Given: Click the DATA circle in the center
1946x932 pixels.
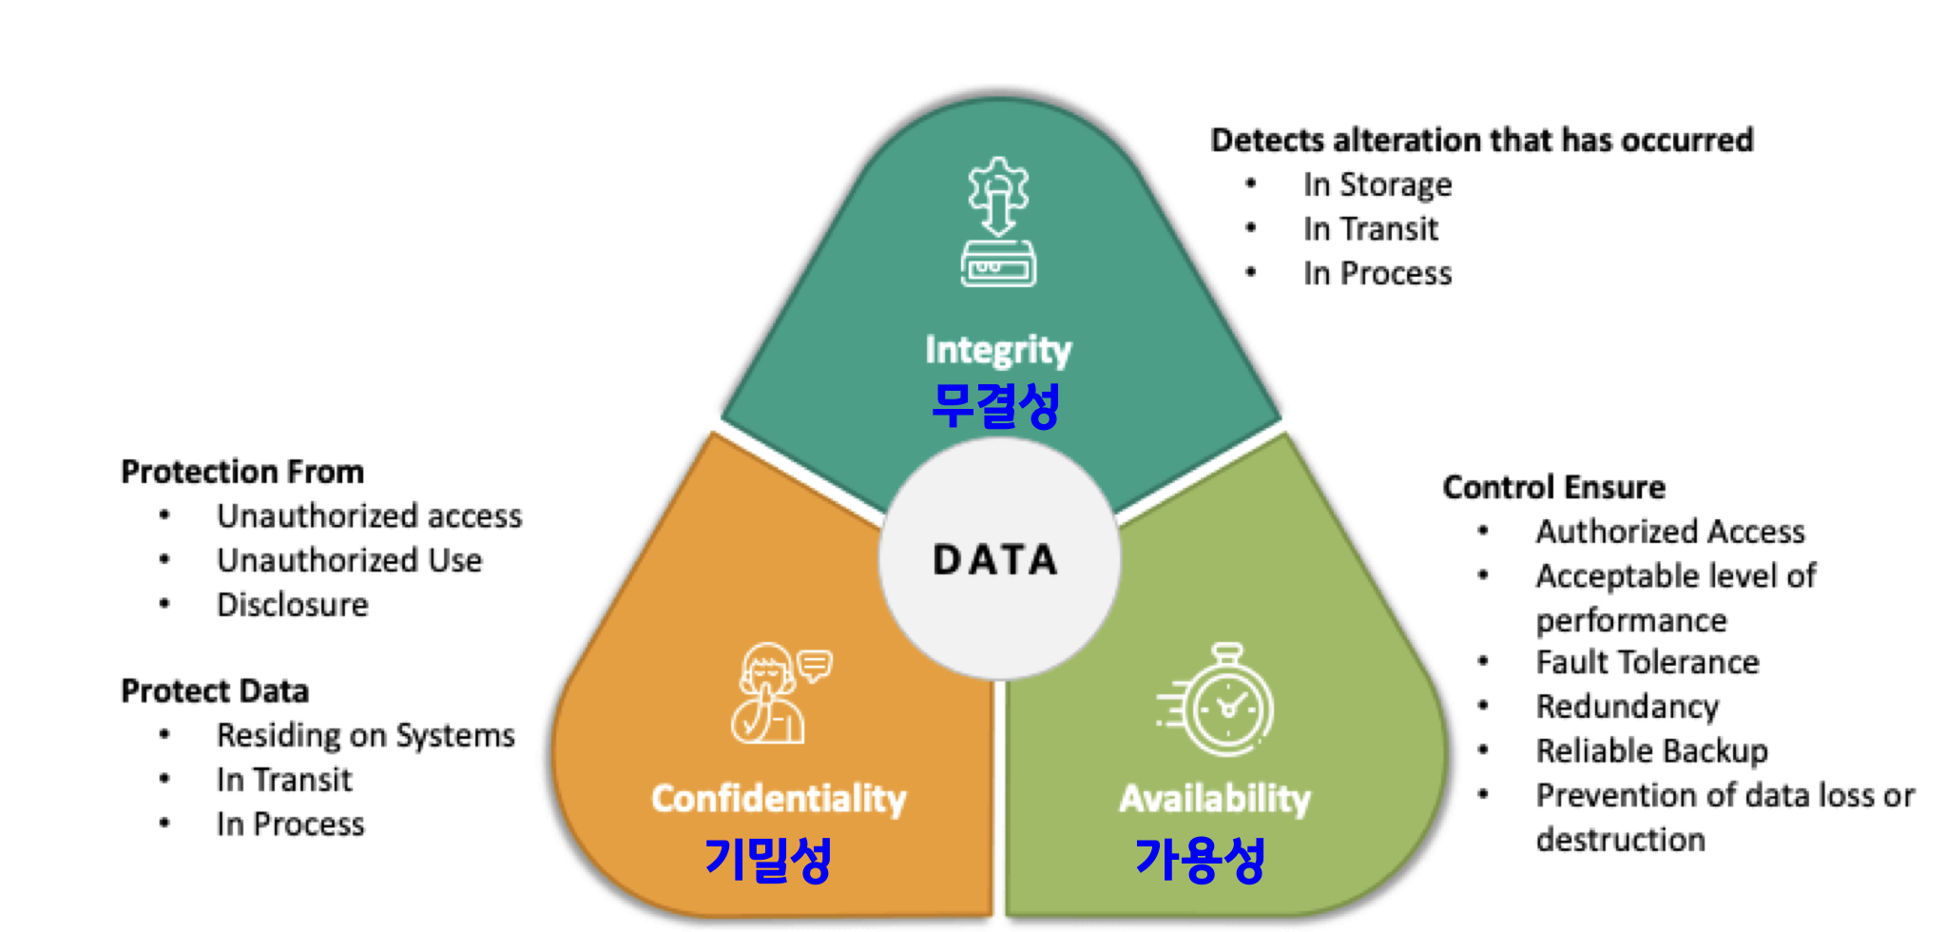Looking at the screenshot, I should click(997, 559).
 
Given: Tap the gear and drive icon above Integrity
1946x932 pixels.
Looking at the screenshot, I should click(998, 223).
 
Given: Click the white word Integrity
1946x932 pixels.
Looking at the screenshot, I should click(998, 350).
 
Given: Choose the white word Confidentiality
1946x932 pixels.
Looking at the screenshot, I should click(779, 799).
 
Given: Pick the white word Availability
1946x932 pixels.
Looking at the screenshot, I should click(1215, 799).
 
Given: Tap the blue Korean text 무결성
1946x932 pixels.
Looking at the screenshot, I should click(995, 405).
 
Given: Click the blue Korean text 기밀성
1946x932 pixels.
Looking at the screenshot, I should click(768, 860).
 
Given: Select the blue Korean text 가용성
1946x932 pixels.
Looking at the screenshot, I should click(1200, 860).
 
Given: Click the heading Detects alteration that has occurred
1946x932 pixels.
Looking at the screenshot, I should click(1481, 140).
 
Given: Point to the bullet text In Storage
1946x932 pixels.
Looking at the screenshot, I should click(1378, 184).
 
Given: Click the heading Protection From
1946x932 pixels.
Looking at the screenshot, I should click(242, 472).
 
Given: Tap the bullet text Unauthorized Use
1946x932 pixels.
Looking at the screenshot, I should click(349, 560).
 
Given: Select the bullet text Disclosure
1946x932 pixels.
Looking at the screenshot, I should click(292, 605).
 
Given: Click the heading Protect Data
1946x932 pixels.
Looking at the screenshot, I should click(215, 690).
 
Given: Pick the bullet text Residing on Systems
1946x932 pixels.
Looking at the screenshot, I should click(365, 735).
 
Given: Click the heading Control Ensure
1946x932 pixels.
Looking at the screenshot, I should click(1553, 487).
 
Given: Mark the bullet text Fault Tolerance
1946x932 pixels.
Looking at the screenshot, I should click(1647, 662).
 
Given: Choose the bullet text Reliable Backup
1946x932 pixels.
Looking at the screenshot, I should click(1651, 750).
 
